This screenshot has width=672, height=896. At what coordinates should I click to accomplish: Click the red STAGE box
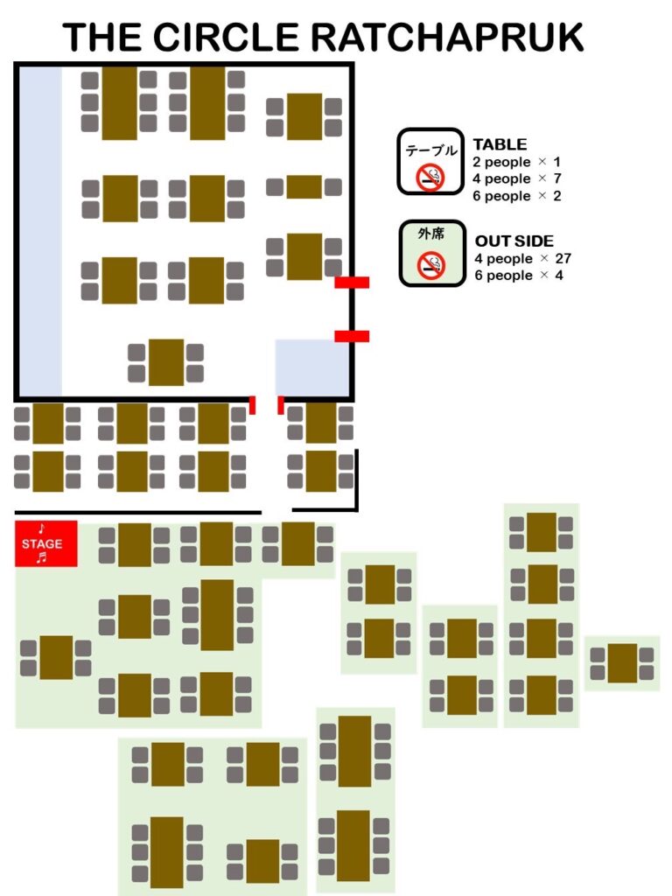(45, 543)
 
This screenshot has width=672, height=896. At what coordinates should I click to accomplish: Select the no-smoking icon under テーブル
(430, 177)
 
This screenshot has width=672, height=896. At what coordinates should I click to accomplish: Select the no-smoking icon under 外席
(430, 264)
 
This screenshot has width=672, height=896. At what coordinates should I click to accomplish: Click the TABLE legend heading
(500, 144)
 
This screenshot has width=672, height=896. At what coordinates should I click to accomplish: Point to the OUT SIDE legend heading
(514, 241)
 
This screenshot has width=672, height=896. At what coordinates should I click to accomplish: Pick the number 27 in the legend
(563, 258)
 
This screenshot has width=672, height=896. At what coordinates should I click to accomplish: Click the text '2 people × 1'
(516, 162)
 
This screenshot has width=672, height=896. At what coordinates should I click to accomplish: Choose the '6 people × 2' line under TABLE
(516, 196)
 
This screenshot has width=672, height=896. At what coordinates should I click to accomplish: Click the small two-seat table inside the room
(304, 186)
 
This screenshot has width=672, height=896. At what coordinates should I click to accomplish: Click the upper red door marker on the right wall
(352, 282)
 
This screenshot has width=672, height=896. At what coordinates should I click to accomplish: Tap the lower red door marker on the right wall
(352, 336)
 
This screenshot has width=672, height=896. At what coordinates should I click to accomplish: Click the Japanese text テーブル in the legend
(430, 150)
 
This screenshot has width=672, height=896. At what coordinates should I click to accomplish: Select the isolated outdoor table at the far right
(622, 663)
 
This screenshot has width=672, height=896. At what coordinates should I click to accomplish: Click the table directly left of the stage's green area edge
(56, 657)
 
